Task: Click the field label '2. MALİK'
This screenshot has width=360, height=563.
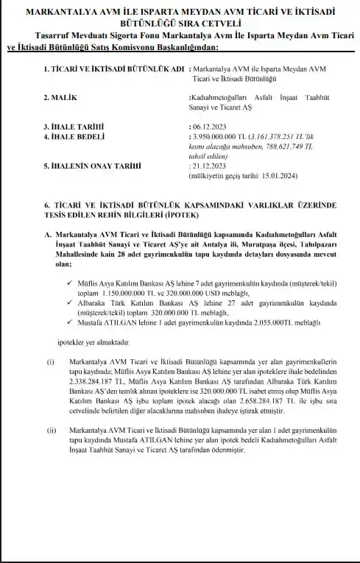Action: point(62,96)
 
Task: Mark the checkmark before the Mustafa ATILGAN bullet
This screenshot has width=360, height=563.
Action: point(69,324)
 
